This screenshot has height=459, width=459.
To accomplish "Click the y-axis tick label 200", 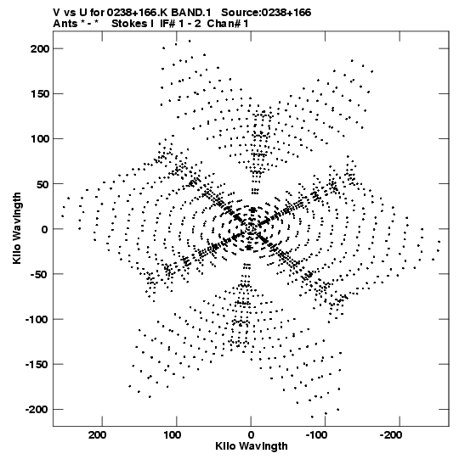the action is coord(40,48).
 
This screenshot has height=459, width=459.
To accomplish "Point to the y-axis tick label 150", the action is coord(40,94).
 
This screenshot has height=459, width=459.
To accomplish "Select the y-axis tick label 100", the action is coord(40,139).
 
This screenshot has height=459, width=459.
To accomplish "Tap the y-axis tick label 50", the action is coord(43,184).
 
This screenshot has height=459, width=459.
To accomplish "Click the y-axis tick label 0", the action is coord(44,229).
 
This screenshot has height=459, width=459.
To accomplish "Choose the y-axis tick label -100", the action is coord(37,319).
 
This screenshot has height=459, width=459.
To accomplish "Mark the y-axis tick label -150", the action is coord(37,365).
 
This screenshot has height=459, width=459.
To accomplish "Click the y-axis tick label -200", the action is coord(37,410).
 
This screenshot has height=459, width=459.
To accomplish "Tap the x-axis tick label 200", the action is coord(97,435).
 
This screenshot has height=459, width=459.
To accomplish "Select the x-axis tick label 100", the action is coord(172,435).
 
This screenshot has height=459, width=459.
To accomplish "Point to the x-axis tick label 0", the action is coord(251,435).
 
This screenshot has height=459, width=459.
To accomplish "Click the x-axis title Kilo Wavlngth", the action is coord(252,446).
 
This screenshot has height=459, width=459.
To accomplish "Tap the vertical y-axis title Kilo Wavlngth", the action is coord(17,228).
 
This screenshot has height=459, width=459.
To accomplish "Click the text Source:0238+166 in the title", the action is coord(266,13).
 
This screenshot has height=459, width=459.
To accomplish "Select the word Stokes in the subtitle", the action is coord(130,24).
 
